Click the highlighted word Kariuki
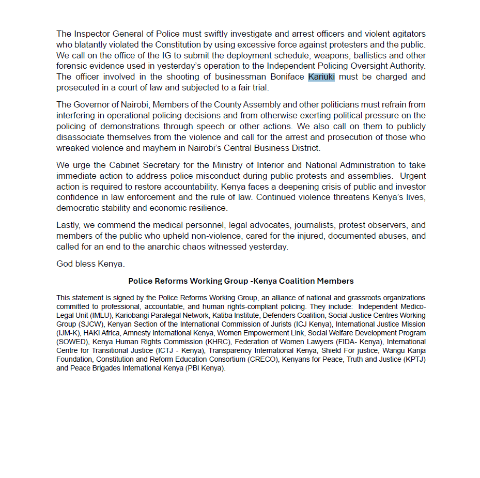(321, 77)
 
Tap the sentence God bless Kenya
(90, 264)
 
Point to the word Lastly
(69, 225)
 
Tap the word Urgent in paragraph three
(413, 176)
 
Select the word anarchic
(157, 247)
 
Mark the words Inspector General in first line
(105, 34)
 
